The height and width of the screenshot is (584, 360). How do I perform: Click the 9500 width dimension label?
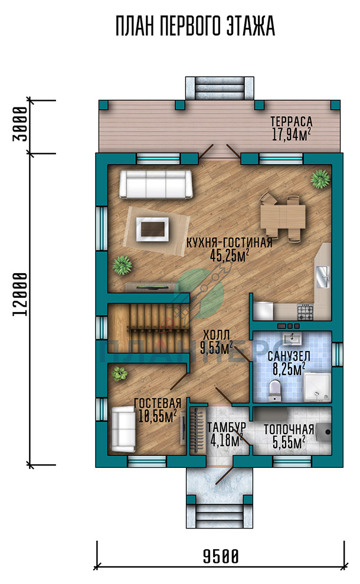(x=220, y=557)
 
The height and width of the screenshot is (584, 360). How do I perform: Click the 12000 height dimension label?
(x=20, y=294)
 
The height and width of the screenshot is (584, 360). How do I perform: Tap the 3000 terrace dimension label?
(x=20, y=124)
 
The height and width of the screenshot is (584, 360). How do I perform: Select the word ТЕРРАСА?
(x=291, y=122)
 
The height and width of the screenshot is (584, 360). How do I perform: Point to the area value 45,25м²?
(x=229, y=256)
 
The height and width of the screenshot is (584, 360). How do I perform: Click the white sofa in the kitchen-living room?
(x=156, y=184)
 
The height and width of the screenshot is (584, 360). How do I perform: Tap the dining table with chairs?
(x=283, y=216)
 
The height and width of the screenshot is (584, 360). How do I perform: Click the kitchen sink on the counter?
(x=323, y=277)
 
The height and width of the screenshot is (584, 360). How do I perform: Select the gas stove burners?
(x=305, y=311)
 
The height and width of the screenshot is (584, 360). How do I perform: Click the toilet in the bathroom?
(x=274, y=390)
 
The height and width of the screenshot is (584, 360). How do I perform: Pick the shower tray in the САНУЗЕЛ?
(x=317, y=388)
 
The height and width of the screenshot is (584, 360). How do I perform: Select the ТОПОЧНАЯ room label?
(x=289, y=429)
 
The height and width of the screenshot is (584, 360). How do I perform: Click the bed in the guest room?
(x=123, y=428)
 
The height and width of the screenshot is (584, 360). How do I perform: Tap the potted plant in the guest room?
(x=119, y=373)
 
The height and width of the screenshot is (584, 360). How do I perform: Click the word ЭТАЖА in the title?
(x=251, y=26)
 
